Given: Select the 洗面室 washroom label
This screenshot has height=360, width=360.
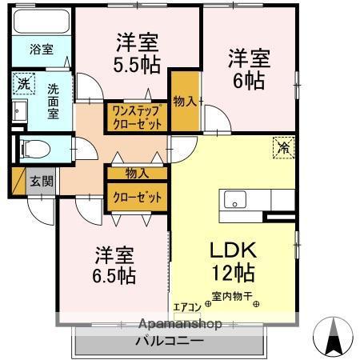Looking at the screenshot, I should point(53,102).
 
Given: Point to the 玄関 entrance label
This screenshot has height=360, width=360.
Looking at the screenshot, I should point(42,182).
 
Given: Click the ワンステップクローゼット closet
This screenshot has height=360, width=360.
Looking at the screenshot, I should point(138,117).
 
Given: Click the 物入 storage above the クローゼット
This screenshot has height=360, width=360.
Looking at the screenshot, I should point(137,173).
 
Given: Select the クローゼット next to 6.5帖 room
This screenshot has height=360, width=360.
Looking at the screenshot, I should point(137,197).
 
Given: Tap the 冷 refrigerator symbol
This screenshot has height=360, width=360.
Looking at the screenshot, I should point(283,146).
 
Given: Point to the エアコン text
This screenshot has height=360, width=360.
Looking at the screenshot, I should point(186,305).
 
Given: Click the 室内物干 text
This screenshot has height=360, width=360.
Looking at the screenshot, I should point(232,295).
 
